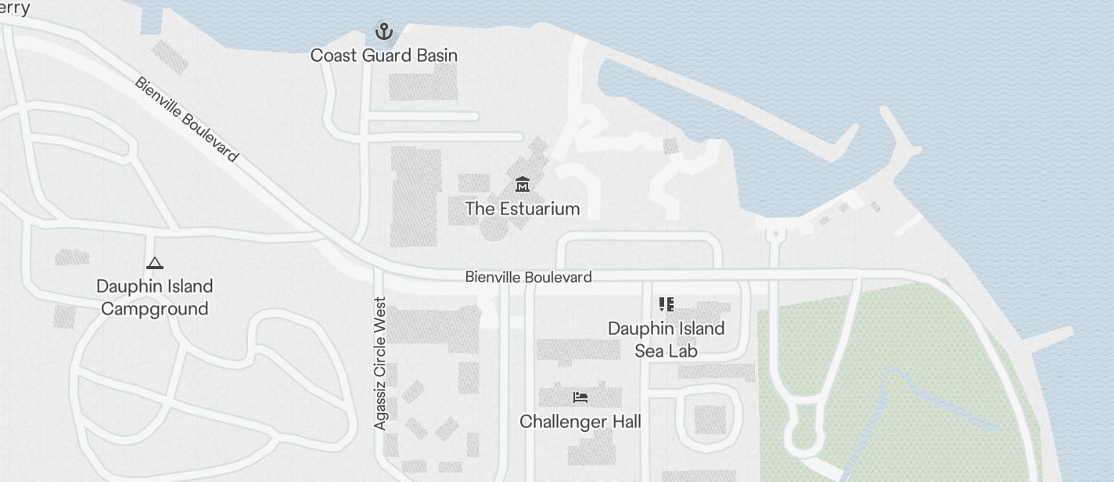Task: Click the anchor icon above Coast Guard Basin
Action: [383, 32]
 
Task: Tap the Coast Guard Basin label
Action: [383, 56]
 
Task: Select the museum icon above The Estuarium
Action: [522, 185]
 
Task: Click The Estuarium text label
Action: [522, 209]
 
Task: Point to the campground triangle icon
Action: [155, 264]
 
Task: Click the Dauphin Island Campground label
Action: [155, 297]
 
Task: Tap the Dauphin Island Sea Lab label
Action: [666, 340]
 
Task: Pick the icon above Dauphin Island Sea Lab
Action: [666, 304]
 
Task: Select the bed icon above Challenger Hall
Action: [580, 397]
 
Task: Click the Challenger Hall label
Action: [580, 422]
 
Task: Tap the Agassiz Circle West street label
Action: [380, 363]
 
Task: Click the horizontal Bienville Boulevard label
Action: [528, 277]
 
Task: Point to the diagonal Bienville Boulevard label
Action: [186, 119]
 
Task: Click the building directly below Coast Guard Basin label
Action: [422, 83]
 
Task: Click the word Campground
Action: [155, 309]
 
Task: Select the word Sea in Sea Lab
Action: [649, 351]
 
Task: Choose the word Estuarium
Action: [539, 209]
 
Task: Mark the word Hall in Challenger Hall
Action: [624, 422]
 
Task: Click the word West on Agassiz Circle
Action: [380, 313]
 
